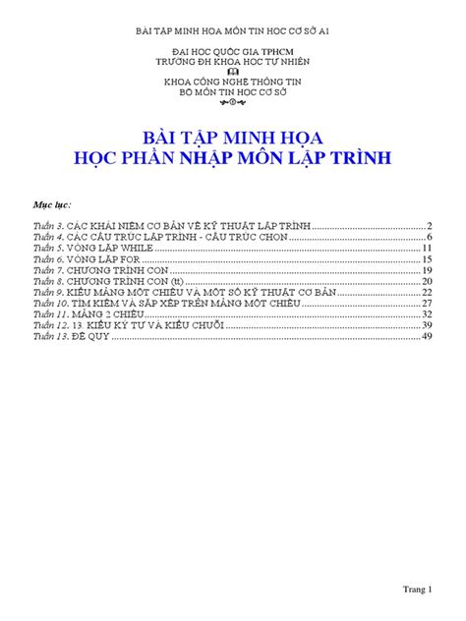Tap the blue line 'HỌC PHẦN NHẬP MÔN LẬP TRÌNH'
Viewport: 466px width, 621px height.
pyautogui.click(x=232, y=156)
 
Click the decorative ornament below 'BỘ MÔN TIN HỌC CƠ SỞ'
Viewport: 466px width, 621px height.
pyautogui.click(x=232, y=101)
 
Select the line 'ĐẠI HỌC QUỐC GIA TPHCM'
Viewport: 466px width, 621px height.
pyautogui.click(x=232, y=48)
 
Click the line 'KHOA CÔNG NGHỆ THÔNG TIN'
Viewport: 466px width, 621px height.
pyautogui.click(x=232, y=81)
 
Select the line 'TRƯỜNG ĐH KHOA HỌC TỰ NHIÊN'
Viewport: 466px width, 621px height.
pyautogui.click(x=232, y=59)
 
